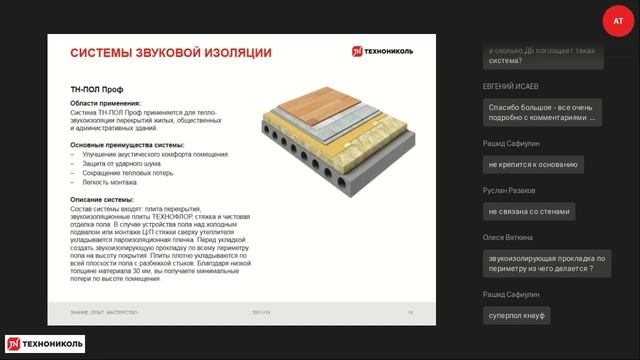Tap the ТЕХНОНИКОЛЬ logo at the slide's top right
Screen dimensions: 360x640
(x=391, y=51)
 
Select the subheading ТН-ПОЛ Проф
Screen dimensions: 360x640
(x=91, y=89)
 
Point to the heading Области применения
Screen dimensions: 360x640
(x=105, y=103)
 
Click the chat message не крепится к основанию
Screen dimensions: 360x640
(x=531, y=163)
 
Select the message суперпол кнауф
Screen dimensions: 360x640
(x=516, y=315)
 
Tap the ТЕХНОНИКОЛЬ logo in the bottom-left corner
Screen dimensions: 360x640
(x=44, y=344)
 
